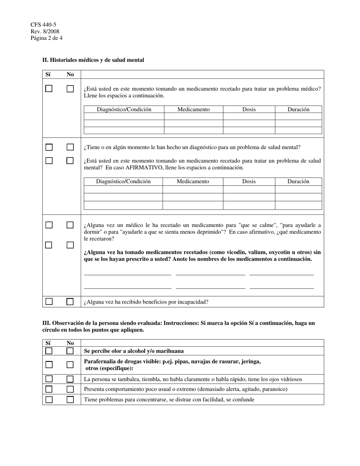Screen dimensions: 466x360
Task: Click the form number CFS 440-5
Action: click(44, 25)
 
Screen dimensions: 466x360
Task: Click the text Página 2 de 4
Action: click(47, 38)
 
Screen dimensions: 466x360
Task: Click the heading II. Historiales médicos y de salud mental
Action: click(93, 60)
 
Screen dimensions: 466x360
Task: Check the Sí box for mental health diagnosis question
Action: click(49, 147)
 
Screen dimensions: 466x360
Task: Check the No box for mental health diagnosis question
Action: click(70, 147)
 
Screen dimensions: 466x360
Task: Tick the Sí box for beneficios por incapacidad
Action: click(49, 302)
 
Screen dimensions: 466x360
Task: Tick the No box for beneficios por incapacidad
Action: click(70, 302)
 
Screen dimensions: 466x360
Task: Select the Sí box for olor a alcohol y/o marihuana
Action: click(49, 351)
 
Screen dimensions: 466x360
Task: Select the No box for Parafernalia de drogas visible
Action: click(70, 364)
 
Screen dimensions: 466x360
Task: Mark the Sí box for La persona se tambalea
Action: click(49, 379)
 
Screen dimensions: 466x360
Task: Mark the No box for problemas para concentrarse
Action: click(70, 399)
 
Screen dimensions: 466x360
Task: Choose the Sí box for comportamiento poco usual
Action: click(49, 389)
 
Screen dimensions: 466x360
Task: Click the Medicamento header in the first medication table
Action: click(193, 109)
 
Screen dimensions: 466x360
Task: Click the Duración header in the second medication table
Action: click(298, 181)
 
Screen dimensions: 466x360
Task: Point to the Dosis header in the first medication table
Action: click(249, 109)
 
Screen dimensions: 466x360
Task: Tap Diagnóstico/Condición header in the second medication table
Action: click(123, 181)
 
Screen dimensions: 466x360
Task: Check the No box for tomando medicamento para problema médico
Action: click(70, 89)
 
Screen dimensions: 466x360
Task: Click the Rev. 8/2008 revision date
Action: click(45, 31)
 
